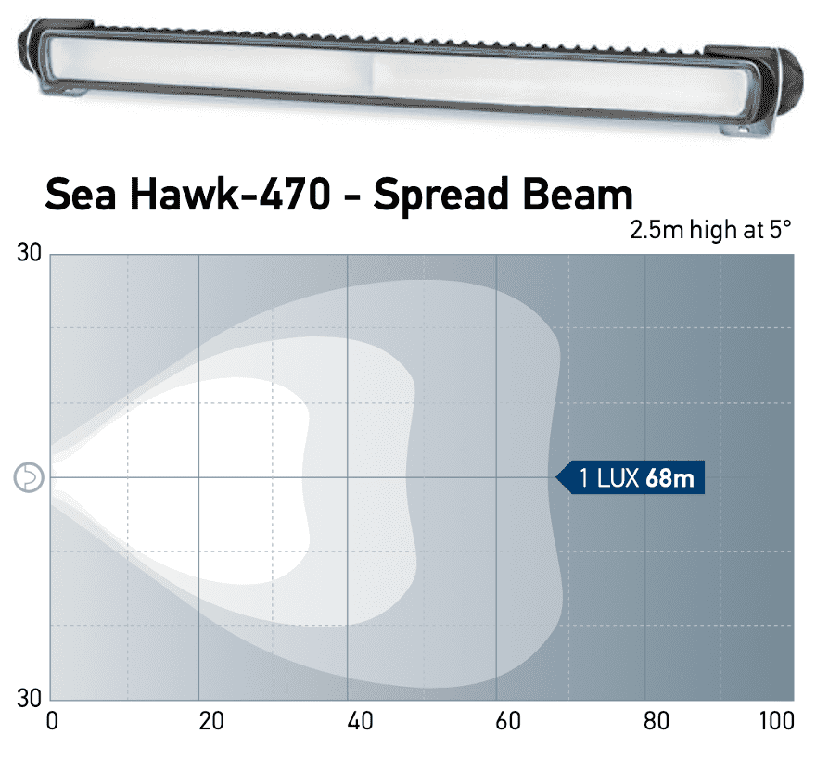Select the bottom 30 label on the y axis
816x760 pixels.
(x=31, y=697)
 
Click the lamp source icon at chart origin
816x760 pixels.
(x=30, y=477)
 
